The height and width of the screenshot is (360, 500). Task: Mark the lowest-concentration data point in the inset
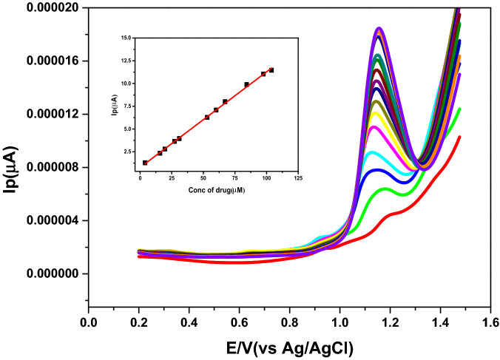coord(145,163)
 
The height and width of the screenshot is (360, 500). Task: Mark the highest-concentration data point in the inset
coord(271,70)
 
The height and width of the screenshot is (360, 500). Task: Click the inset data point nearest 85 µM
coord(246,84)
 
